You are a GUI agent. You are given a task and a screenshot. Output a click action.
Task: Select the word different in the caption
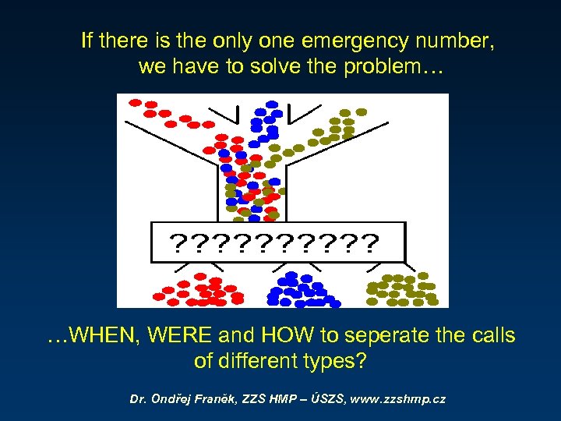coord(263,363)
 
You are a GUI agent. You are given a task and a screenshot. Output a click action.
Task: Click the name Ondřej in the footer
coord(178,399)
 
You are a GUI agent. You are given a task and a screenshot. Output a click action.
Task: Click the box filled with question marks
coord(277,242)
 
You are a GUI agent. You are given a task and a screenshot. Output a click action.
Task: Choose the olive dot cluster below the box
coord(402,289)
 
